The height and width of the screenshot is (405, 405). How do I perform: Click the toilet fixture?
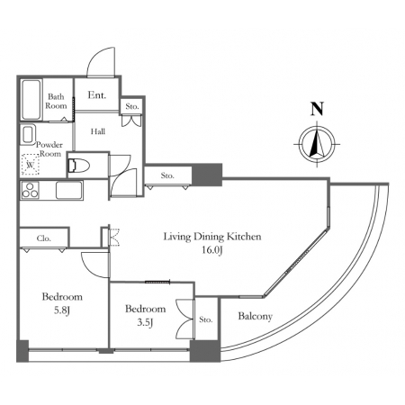coord(78,166)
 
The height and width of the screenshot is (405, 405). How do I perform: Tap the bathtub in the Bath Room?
coord(31,100)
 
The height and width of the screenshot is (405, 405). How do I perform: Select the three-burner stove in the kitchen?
coord(31,190)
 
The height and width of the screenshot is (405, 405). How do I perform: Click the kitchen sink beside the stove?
coord(68,190)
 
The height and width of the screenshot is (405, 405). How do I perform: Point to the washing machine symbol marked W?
coord(31,165)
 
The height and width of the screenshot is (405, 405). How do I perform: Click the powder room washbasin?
coord(28,134)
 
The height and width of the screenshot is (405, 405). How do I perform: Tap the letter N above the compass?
coord(317,109)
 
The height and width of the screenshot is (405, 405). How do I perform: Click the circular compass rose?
coord(317,144)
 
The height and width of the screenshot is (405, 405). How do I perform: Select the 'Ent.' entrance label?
coord(97,95)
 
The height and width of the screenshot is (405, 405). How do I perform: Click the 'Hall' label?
coord(98,131)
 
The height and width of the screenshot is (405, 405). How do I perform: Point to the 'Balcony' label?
coord(256,316)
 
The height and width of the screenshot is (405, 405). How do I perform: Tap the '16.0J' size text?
coord(211,250)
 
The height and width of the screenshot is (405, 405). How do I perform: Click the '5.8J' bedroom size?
coord(62,310)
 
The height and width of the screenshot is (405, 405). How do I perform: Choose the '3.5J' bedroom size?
coord(146,322)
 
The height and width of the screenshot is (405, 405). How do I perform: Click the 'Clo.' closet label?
coord(44,238)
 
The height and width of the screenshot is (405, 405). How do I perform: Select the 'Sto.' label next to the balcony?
coord(206,319)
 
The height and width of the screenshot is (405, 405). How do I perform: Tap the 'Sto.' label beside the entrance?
coord(132,106)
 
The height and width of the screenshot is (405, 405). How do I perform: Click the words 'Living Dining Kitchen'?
coord(212,237)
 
